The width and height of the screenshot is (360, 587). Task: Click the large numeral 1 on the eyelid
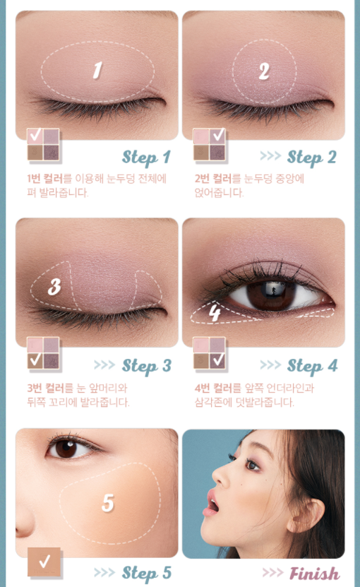pos(97,71)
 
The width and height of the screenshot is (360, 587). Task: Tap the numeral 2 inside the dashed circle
pos(264,71)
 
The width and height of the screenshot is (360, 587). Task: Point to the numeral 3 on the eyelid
pos(54,287)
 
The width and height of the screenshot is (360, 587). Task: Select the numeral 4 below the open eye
pos(215,312)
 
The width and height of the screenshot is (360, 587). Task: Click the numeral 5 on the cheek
pos(108,502)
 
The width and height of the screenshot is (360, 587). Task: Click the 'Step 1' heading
pos(146,158)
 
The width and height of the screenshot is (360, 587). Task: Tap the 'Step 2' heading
pos(312,158)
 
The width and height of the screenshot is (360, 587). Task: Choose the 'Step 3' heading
pos(147,366)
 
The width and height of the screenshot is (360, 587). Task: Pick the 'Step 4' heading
pos(313,366)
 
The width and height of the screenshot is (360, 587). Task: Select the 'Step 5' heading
pos(147,573)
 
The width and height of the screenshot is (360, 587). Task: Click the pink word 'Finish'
pos(314,574)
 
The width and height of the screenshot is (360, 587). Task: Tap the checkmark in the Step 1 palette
pos(35,135)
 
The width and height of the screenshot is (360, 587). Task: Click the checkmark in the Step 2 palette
pos(218,135)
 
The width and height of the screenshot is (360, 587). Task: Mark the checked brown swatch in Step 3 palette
pos(35,360)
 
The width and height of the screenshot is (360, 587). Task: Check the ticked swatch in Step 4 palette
pos(217,360)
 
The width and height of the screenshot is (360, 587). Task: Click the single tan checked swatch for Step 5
pos(44,562)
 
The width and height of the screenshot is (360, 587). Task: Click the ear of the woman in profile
pos(306,515)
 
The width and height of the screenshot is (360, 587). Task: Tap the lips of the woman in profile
pos(212,503)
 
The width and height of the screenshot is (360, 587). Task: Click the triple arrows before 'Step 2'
pos(270,155)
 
